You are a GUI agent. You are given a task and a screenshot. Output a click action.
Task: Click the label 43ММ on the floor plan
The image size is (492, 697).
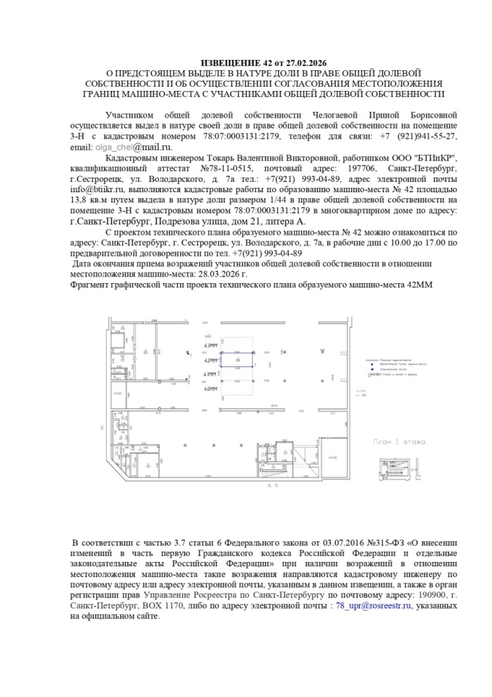tap(211, 344)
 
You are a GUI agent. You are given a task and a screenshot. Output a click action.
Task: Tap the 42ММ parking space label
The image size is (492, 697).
tap(211, 360)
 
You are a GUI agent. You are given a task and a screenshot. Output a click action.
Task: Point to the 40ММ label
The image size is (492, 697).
tap(211, 389)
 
